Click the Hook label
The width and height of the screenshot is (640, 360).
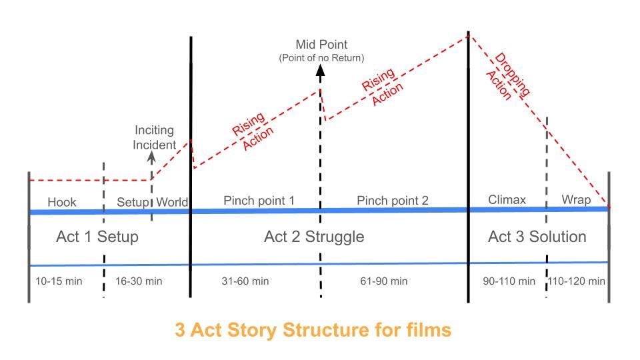click(x=63, y=202)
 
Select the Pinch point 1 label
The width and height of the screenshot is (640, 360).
click(x=259, y=200)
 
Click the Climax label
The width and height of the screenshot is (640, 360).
click(x=507, y=199)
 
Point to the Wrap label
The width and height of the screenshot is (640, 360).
click(x=576, y=199)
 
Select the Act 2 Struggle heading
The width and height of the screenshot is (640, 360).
click(x=314, y=237)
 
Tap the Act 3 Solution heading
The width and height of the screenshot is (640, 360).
click(x=537, y=237)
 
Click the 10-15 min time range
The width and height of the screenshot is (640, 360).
click(x=59, y=281)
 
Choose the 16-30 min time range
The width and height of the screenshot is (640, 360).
click(x=139, y=281)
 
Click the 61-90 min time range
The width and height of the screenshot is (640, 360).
click(x=383, y=281)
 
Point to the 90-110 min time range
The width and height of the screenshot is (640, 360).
click(x=509, y=281)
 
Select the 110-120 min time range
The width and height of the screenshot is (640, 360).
click(x=577, y=281)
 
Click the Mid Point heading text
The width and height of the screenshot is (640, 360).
click(x=321, y=45)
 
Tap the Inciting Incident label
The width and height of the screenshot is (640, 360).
click(x=155, y=137)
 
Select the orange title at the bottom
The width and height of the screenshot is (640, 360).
click(x=313, y=329)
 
